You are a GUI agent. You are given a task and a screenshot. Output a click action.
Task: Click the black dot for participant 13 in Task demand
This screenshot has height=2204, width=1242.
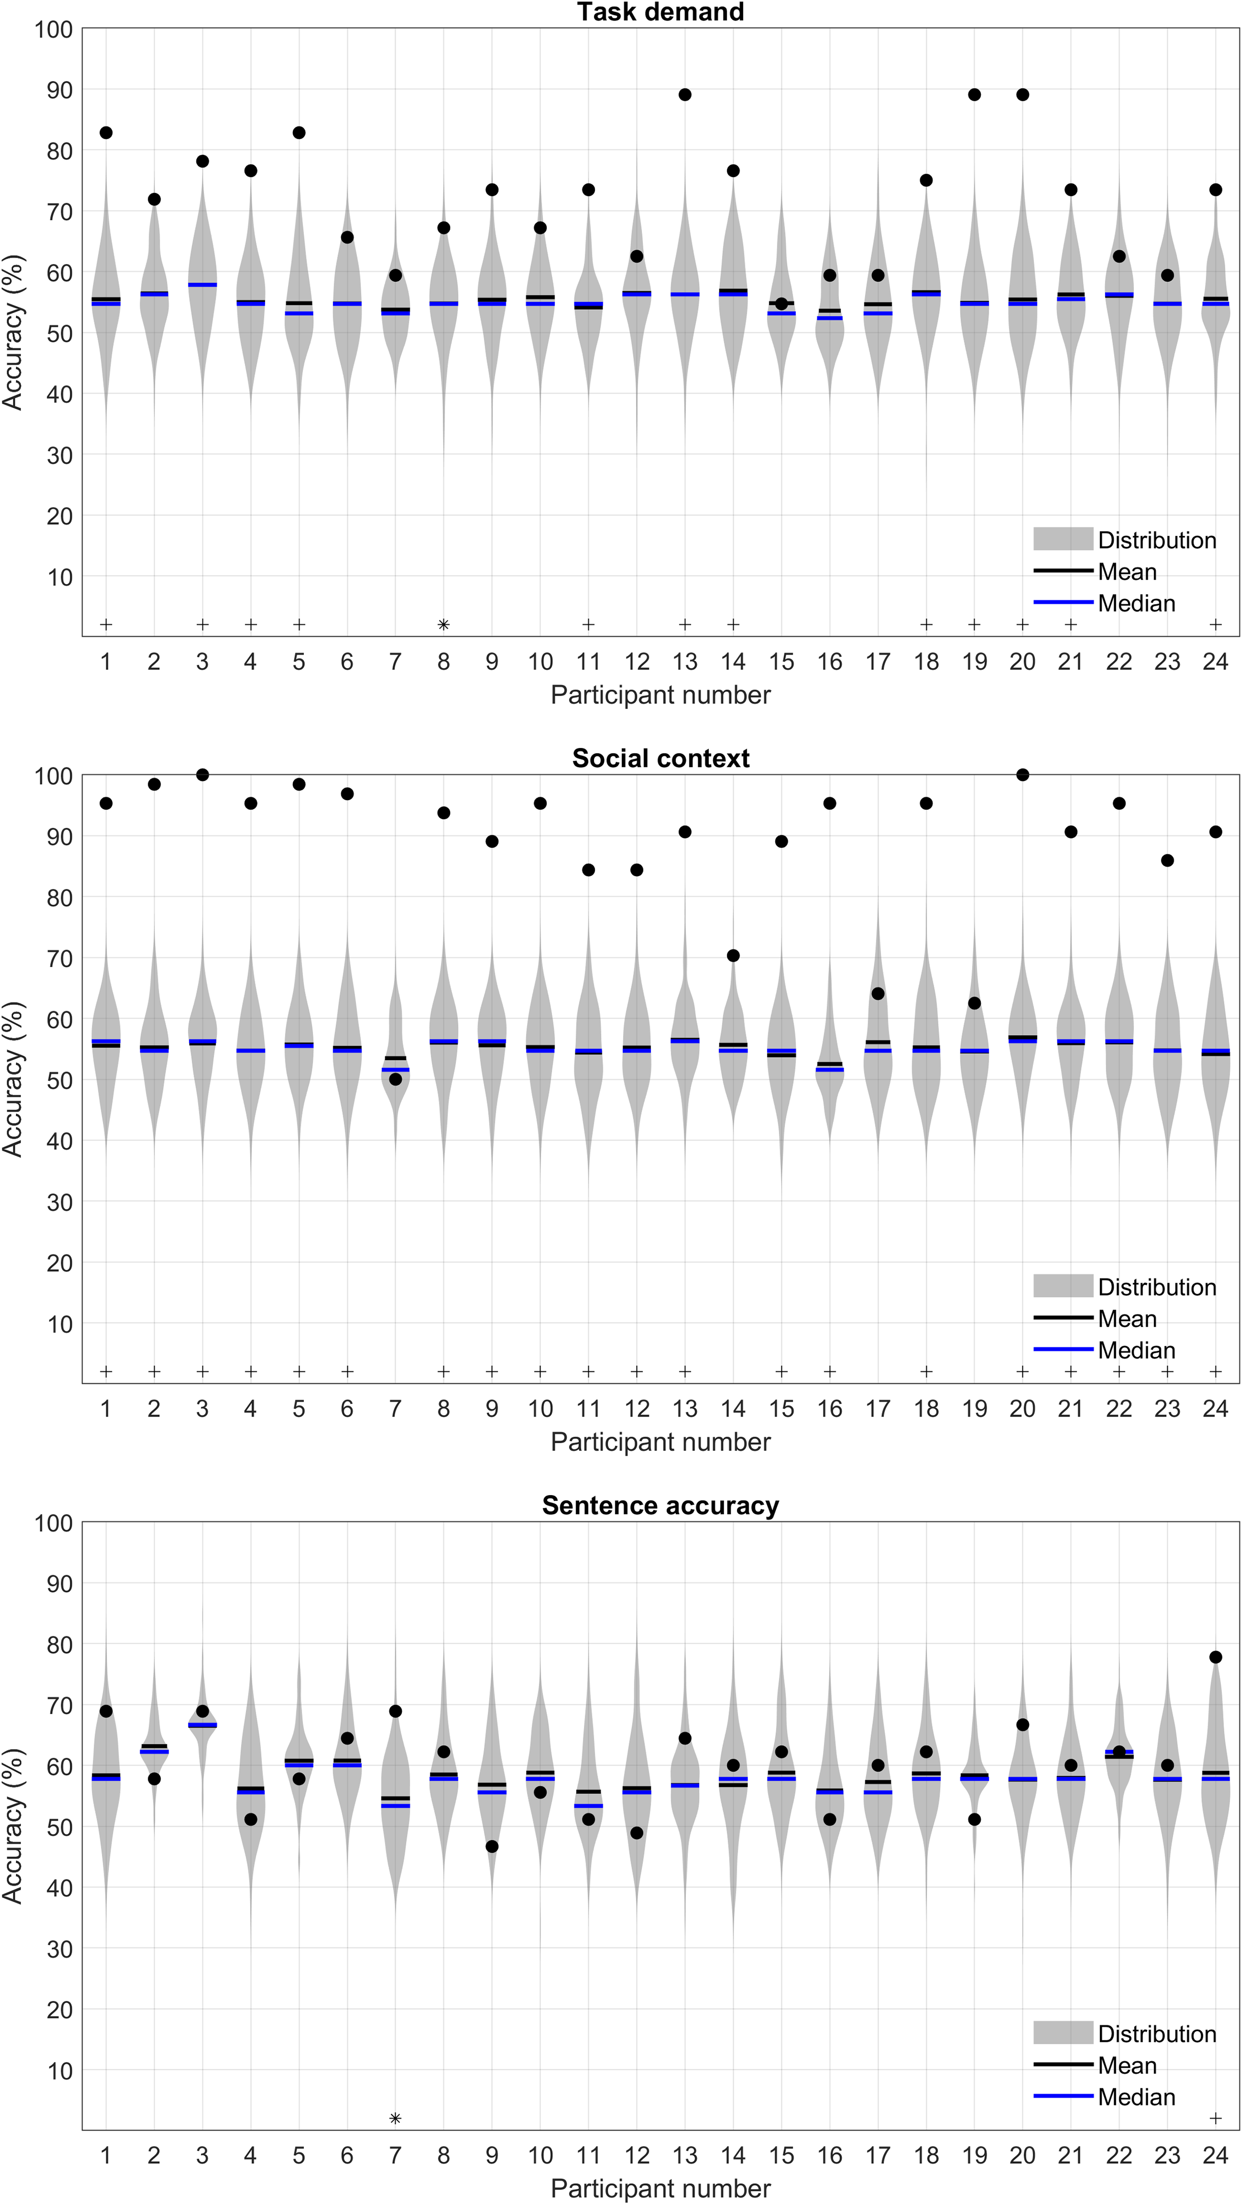[x=685, y=95]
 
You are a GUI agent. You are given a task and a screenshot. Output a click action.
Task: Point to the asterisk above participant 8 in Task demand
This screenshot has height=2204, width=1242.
[x=443, y=625]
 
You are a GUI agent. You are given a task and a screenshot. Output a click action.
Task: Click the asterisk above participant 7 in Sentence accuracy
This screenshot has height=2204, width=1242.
[x=396, y=2118]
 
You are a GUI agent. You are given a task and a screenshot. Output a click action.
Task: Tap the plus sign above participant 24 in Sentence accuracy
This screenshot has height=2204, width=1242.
[x=1216, y=2118]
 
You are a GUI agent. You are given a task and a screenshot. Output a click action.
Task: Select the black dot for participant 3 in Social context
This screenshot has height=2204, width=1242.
[x=203, y=775]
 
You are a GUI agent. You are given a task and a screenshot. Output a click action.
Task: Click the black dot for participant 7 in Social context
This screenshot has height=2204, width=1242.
[x=396, y=1080]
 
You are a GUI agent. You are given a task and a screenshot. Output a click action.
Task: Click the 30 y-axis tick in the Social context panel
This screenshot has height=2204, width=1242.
[x=59, y=1202]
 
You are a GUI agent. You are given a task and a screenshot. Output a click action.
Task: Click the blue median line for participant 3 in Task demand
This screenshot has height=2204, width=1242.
[x=203, y=285]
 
